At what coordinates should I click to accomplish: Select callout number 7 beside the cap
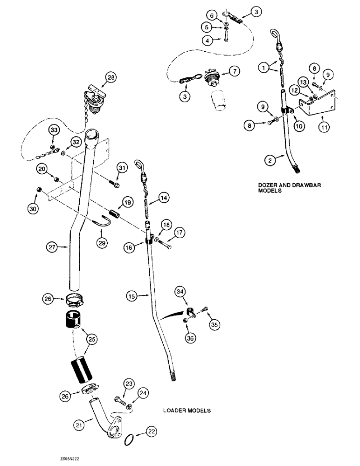click(234, 71)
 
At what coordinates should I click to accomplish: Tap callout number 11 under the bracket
click(322, 126)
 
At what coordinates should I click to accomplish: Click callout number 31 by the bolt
click(122, 168)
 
